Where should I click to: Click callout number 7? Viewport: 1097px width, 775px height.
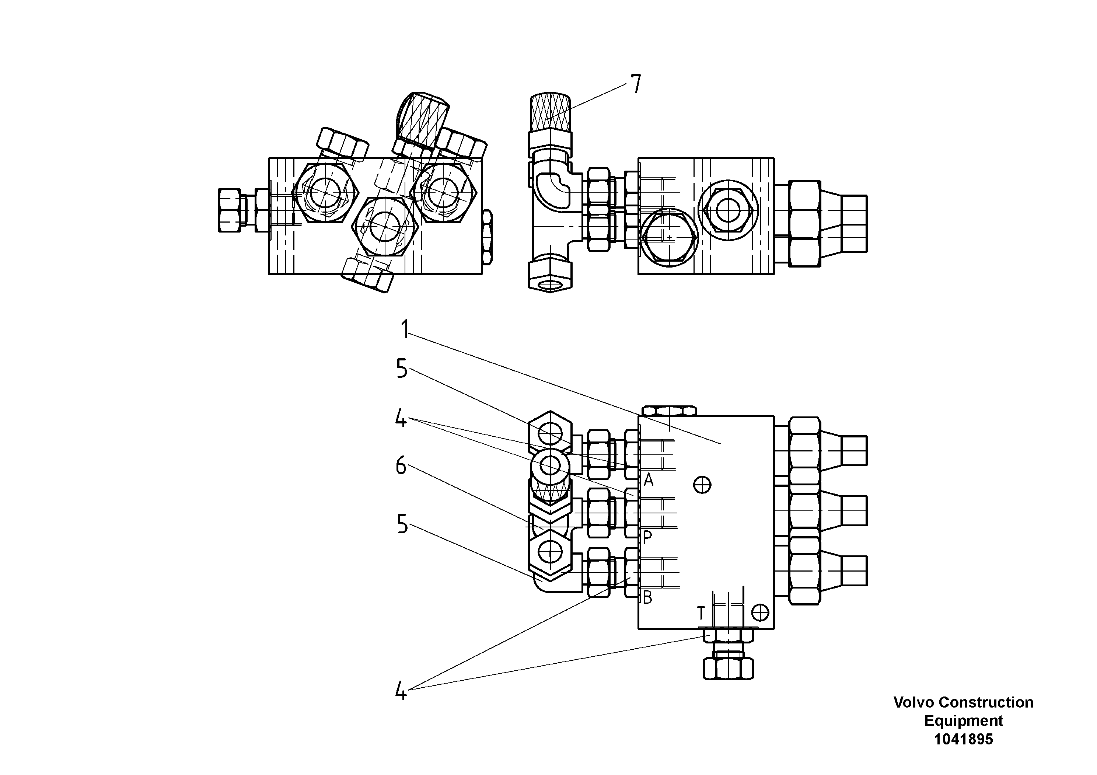coord(635,84)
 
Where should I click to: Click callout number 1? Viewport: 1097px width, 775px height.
coord(405,329)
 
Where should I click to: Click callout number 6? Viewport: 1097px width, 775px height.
coord(401,465)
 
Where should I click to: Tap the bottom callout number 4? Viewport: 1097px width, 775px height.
coord(401,691)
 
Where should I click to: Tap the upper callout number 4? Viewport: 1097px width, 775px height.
coord(401,419)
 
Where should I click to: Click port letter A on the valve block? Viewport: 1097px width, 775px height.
coord(648,479)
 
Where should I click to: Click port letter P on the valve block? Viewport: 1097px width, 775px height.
coord(647,538)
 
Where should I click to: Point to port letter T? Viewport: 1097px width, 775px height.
coord(701,612)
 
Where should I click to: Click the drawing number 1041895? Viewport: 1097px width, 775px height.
coord(963,739)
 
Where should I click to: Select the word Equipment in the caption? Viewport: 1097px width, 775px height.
coord(963,720)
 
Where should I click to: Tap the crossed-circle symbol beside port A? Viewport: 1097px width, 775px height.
coord(702,485)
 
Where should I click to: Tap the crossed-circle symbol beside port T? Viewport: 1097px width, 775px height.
coord(760,612)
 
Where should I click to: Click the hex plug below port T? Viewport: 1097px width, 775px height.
coord(728,668)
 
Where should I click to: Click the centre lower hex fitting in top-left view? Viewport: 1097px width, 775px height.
coord(385,227)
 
